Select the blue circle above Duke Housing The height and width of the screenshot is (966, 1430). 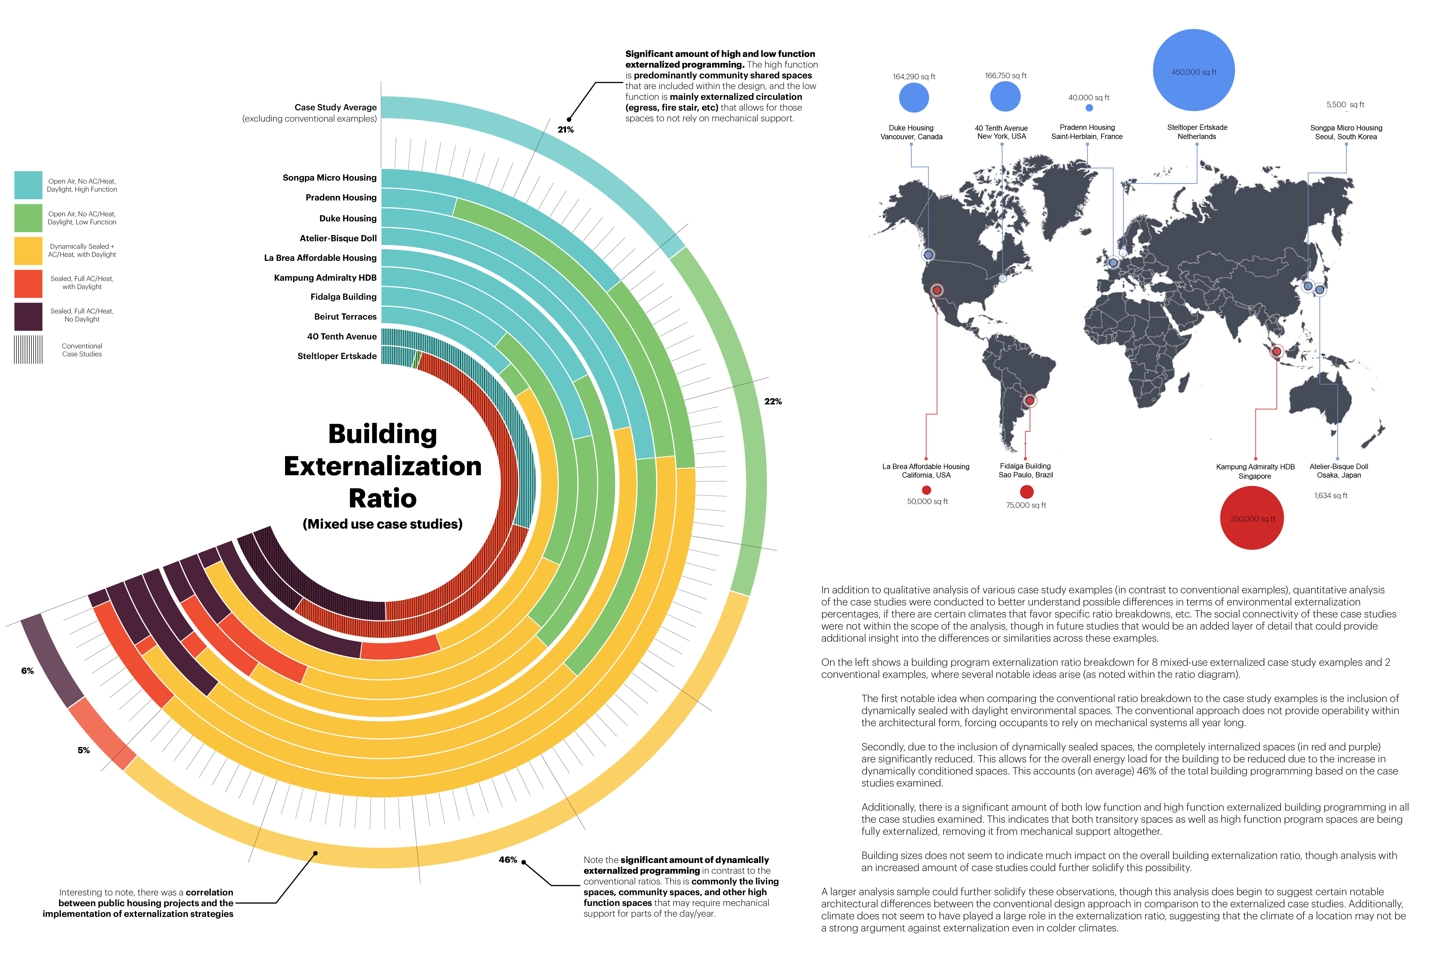[x=914, y=98]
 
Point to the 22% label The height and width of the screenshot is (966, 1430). [x=773, y=401]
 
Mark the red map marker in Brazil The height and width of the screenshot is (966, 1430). [x=1029, y=401]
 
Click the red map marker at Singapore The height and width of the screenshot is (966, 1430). [x=1277, y=352]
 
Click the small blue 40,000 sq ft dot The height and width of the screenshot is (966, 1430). [x=1089, y=108]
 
